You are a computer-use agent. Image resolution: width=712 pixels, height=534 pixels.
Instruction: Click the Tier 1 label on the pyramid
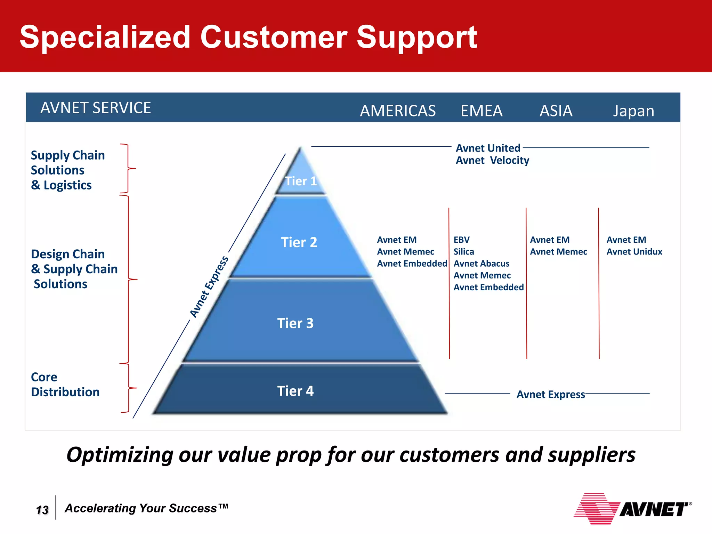point(301,181)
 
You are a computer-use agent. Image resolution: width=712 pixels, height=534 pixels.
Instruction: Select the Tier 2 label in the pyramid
point(299,242)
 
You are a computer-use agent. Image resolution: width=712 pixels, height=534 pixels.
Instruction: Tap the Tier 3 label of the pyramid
point(295,323)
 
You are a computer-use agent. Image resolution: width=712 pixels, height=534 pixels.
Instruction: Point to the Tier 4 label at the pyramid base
point(295,391)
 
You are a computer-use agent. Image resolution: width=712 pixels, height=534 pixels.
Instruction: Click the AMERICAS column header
point(397,111)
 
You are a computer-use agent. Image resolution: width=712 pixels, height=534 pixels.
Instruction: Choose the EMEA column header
point(481,111)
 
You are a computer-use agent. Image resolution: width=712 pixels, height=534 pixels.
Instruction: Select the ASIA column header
point(556,111)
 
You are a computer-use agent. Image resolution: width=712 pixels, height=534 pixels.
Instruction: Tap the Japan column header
point(633,111)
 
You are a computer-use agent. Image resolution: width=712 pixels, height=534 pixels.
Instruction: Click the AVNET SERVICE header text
point(96,108)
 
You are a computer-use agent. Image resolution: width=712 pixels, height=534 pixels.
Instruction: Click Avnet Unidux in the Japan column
point(634,252)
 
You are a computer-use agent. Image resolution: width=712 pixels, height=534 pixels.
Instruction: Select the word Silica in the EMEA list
point(463,252)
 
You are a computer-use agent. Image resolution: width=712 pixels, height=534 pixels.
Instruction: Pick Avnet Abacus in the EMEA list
point(481,264)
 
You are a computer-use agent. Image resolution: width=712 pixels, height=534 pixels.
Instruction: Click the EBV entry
point(461,240)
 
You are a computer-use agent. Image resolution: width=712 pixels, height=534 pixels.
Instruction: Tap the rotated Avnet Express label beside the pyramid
point(209,286)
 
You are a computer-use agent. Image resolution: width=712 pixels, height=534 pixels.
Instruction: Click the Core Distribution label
point(65,385)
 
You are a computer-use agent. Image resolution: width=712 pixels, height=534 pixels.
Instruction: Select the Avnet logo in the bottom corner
point(632,509)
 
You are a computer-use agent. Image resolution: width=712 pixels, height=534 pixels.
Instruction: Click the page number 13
point(42,510)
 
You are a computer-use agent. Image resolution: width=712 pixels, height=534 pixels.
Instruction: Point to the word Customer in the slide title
point(273,37)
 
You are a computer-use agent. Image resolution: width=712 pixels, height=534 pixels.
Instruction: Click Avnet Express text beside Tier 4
point(550,395)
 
